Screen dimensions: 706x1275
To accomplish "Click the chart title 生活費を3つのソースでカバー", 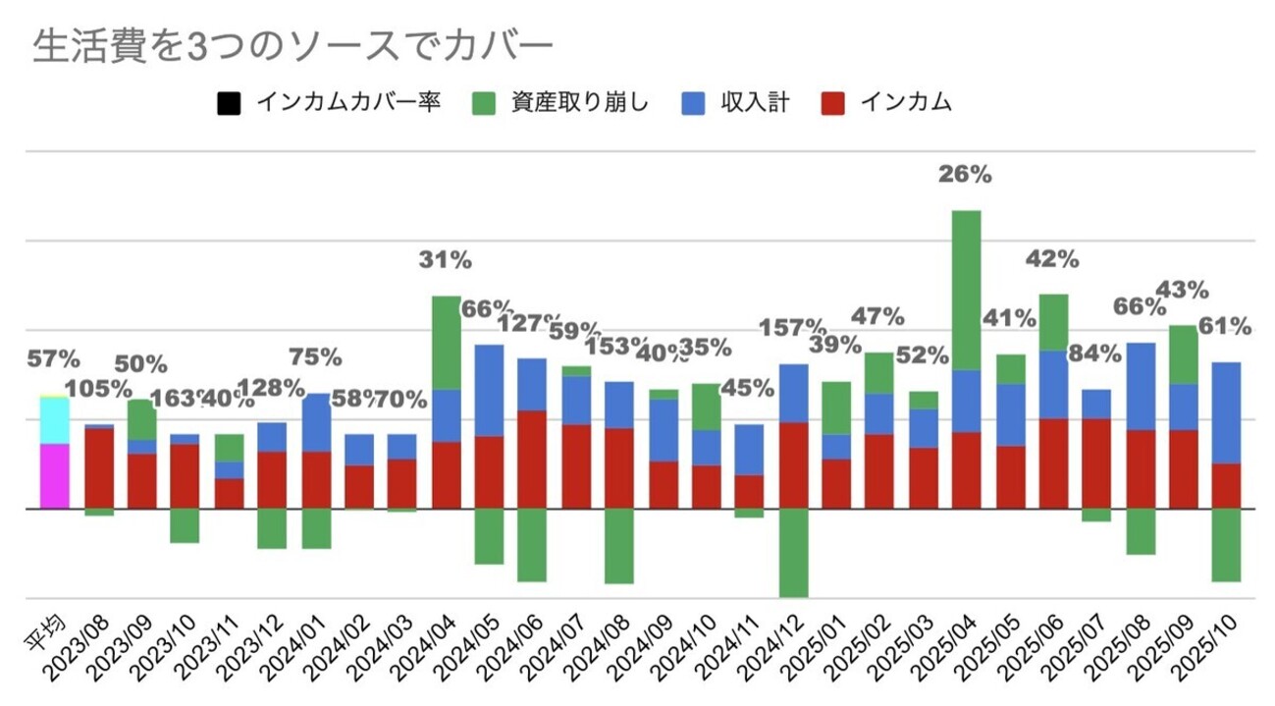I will tap(293, 47).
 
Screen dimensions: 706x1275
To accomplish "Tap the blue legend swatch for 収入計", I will tap(691, 102).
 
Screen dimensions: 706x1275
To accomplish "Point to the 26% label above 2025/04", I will tap(965, 176).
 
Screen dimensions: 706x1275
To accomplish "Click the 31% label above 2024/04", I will tap(447, 260).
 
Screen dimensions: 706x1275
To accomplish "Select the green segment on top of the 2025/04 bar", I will tap(967, 290).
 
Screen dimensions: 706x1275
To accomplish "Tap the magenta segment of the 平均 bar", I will tap(54, 476).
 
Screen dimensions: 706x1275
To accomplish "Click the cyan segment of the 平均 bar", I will tap(54, 420).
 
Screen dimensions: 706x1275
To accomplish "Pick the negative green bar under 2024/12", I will tap(794, 552).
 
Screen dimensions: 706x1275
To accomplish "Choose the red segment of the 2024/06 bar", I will tap(533, 459).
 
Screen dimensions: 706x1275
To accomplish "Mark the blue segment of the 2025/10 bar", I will tap(1227, 412).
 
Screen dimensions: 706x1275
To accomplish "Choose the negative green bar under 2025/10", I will tap(1227, 545).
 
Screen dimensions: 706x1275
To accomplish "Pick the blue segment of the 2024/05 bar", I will tap(489, 390).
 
